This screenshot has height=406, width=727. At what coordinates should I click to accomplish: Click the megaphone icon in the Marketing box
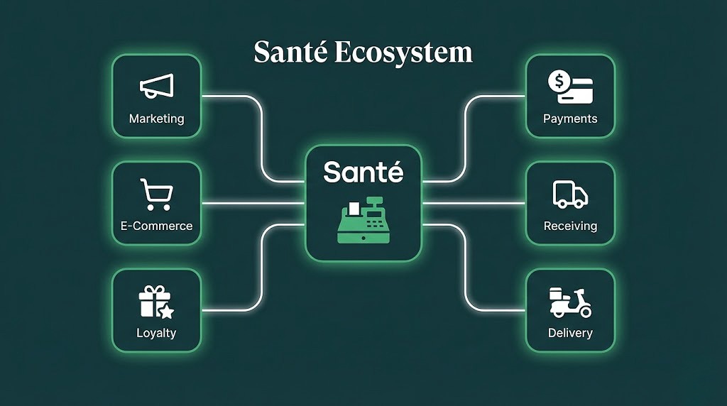(x=156, y=86)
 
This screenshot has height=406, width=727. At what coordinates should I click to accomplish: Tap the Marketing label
(x=156, y=119)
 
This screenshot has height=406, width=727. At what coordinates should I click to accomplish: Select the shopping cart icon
(x=155, y=193)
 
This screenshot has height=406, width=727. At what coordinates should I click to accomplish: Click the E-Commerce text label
(x=156, y=226)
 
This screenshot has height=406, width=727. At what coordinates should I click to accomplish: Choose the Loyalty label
(x=156, y=333)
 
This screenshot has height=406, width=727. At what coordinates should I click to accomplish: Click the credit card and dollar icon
(x=570, y=87)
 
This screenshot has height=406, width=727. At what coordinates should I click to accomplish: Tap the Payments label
(x=570, y=119)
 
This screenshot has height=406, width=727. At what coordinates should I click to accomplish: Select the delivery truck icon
(x=570, y=194)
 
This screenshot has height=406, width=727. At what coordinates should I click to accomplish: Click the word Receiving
(x=570, y=226)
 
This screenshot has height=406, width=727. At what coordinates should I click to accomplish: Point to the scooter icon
(x=570, y=302)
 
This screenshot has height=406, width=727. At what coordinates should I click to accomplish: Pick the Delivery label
(x=570, y=333)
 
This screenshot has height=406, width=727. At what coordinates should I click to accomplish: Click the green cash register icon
(x=363, y=220)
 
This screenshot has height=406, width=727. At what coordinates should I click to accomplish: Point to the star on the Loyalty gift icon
(x=167, y=311)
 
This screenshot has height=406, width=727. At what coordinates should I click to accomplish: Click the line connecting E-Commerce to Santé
(x=253, y=204)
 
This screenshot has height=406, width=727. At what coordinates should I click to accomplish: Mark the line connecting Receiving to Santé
(x=474, y=204)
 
